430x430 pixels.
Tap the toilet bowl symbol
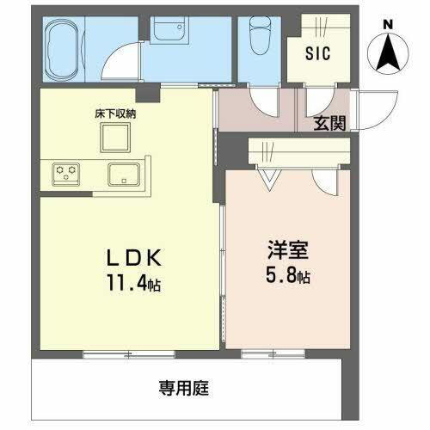[x=257, y=39]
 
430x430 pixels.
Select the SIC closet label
[x=318, y=52]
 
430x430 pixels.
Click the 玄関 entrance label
[x=330, y=123]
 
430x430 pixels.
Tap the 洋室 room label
[x=281, y=255]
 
